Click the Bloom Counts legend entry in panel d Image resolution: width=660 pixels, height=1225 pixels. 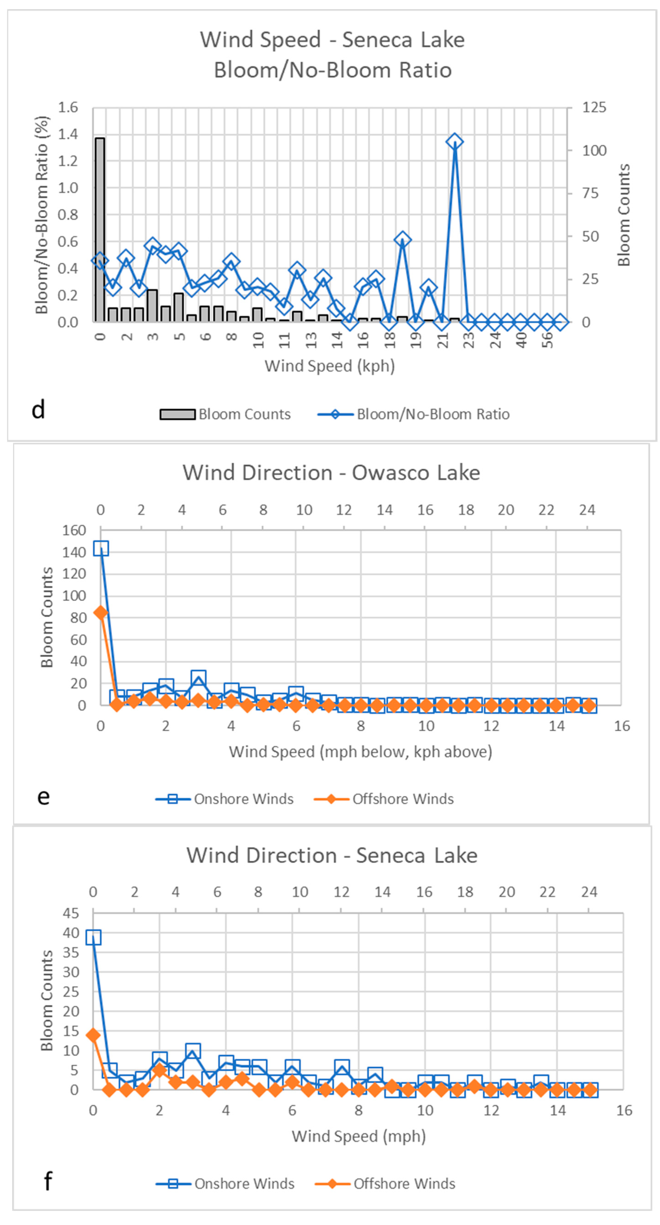pos(225,414)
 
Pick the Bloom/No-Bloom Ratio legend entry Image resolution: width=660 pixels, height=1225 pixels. pos(413,414)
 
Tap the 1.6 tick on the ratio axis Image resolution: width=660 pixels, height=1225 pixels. pos(68,107)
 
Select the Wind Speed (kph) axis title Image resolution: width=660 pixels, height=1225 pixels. pos(329,366)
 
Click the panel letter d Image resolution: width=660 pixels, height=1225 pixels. pos(38,410)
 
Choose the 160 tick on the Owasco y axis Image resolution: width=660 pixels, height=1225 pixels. pos(74,530)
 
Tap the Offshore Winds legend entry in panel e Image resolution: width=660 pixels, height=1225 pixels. pos(383,799)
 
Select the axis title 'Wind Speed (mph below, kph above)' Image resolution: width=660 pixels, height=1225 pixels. pos(360,752)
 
